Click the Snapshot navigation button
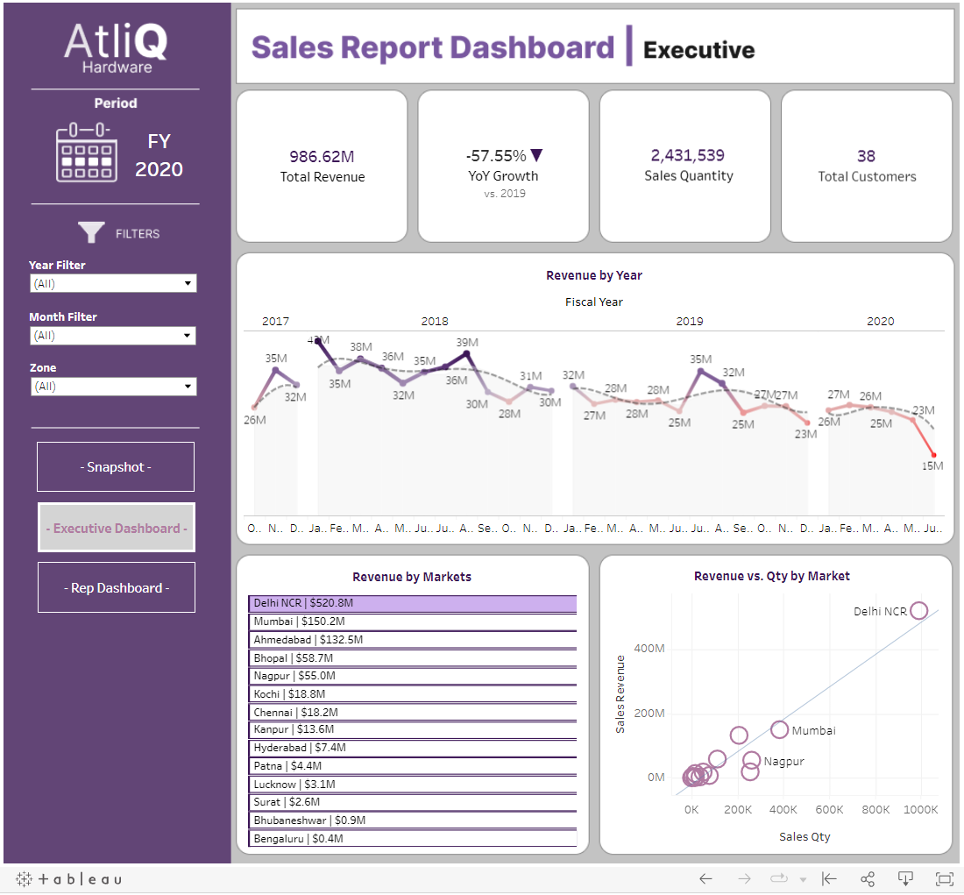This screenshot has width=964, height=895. point(116,467)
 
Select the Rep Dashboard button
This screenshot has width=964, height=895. point(117,587)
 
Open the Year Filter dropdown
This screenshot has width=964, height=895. point(113,283)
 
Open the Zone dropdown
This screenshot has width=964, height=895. point(113,387)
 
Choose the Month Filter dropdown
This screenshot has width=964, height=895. point(113,336)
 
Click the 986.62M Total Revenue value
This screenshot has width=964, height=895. point(322,157)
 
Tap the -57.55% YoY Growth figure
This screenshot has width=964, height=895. point(496,156)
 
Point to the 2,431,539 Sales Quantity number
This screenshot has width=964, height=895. point(687,155)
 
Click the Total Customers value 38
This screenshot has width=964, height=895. point(866,156)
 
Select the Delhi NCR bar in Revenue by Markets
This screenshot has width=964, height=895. point(412,603)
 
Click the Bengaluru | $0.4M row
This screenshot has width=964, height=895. point(412,839)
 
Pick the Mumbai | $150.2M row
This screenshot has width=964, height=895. point(412,622)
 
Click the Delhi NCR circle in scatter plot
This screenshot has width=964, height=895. point(918,611)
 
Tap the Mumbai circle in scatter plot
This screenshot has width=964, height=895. point(779,729)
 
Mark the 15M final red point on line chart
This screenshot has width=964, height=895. point(934,455)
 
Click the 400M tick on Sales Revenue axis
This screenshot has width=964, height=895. point(649,649)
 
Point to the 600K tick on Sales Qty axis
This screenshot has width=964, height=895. point(829,809)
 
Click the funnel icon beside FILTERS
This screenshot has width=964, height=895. point(91,232)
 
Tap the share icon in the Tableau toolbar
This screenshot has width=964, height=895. point(868,879)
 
